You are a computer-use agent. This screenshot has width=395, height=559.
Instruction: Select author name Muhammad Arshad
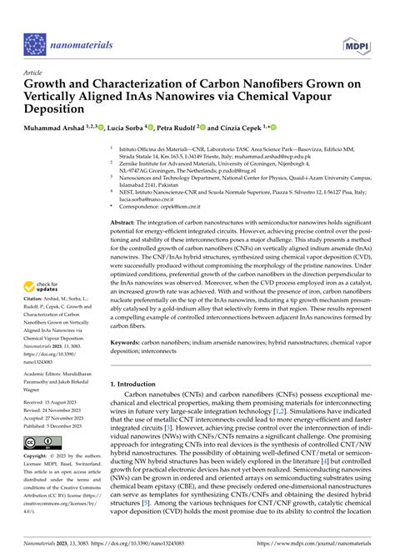coord(57,128)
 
